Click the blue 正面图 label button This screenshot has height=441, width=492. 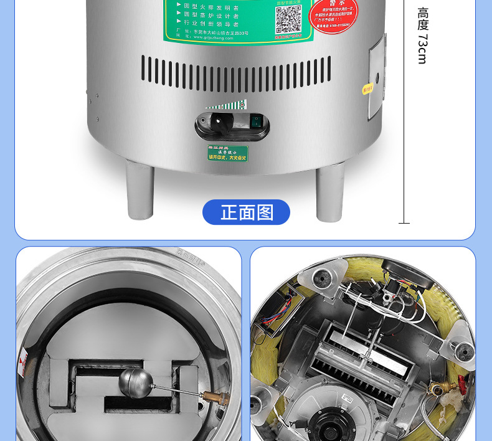(246, 212)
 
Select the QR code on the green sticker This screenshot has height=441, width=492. (288, 19)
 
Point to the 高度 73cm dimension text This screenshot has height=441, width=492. (423, 36)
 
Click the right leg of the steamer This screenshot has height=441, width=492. (329, 192)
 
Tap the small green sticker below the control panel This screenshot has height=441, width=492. (227, 153)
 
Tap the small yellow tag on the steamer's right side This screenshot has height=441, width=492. (367, 88)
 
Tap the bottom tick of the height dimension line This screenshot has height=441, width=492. (404, 222)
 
